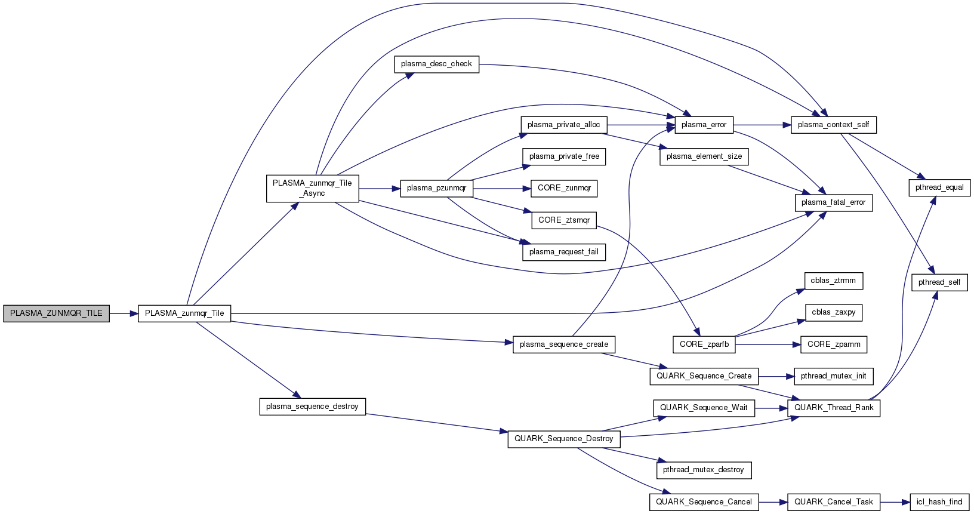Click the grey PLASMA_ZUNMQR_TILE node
coord(56,313)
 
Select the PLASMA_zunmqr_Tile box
coord(184,313)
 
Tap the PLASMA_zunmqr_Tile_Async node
coord(312,188)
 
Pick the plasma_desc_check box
coord(436,64)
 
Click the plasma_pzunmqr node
coord(436,188)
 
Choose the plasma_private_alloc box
coord(563,125)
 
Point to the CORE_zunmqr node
coord(564,188)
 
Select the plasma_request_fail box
coord(563,252)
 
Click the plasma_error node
coord(704,125)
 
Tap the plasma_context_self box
coord(833,125)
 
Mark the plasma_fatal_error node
coord(833,202)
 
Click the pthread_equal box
coord(939,187)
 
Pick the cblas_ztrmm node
coord(833,281)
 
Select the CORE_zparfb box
coord(704,344)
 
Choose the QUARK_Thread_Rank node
coord(833,408)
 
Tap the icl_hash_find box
coord(939,502)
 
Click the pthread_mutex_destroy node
coord(703,470)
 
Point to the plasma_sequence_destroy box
coord(312,407)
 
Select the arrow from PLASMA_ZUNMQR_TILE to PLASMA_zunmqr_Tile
coord(124,313)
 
